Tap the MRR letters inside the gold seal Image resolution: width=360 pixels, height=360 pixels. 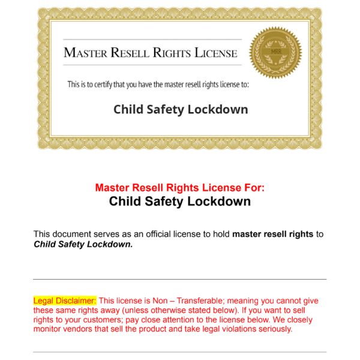pos(275,52)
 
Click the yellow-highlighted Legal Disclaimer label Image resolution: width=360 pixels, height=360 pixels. pos(65,301)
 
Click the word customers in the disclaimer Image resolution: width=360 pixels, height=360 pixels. pos(97,320)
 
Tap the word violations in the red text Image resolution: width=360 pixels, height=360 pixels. pos(227,329)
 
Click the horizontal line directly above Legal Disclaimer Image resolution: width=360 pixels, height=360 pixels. pos(179,279)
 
